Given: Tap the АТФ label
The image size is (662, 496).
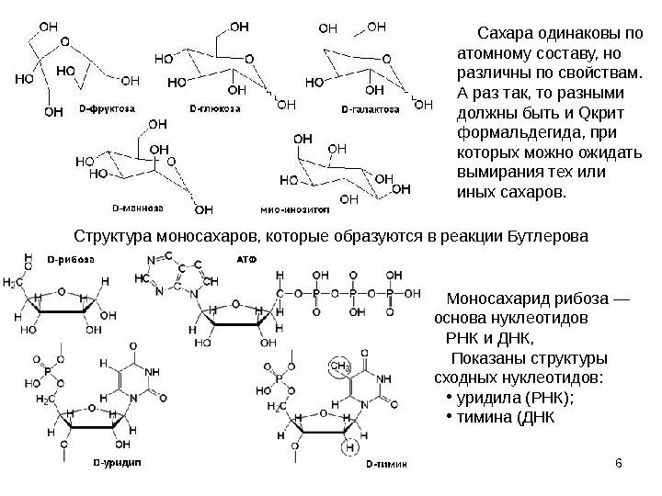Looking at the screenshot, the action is (247, 260).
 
